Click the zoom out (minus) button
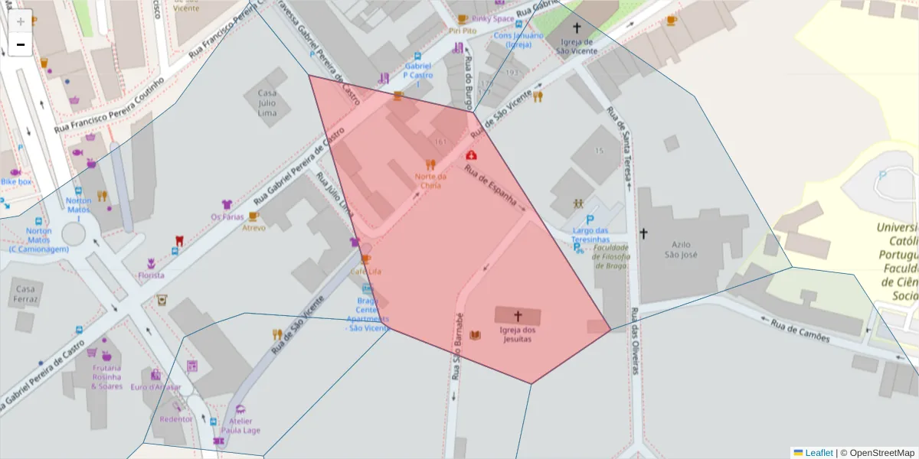coord(21,44)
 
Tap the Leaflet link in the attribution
coord(819,453)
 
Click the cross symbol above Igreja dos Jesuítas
coord(518,315)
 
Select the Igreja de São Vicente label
coord(577,47)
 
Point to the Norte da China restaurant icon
coord(430,164)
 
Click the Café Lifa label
coord(366,272)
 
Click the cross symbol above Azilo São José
coord(643,233)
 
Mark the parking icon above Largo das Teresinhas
coord(589,219)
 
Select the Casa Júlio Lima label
coord(267,103)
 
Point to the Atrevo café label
coord(254,228)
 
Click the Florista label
coord(151,275)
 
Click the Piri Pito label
coord(463,31)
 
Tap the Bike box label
coord(16,182)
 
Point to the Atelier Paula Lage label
coord(240,425)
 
